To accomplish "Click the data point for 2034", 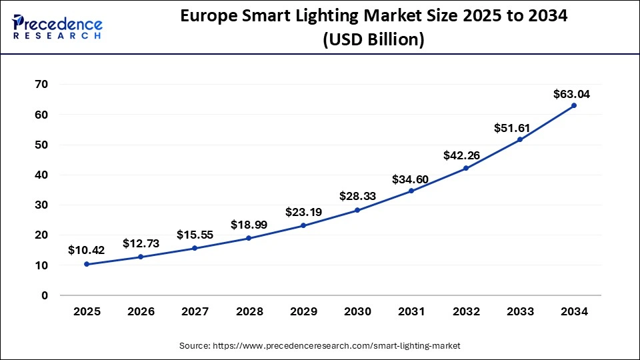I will [574, 105].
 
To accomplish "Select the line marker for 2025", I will [87, 264].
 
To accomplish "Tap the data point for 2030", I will [357, 210].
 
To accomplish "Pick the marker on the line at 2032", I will [465, 168].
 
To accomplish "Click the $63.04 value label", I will [571, 94].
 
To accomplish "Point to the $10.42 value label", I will [86, 250].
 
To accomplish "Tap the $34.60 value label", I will [410, 179].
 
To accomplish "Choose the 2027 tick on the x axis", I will [195, 311].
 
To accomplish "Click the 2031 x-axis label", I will [411, 311].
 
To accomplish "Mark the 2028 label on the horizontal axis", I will [249, 311].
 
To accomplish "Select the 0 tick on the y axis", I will [44, 295].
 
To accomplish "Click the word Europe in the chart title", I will [213, 17].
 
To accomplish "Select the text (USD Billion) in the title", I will [373, 40].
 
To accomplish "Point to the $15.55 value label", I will [195, 235].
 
